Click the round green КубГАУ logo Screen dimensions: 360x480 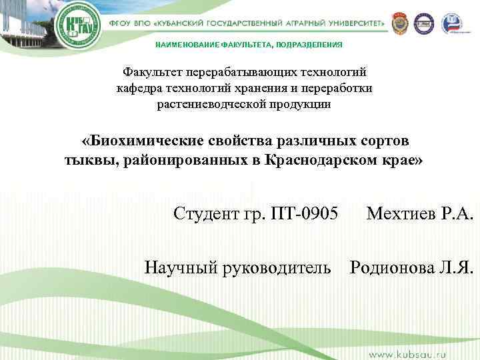pos(78,27)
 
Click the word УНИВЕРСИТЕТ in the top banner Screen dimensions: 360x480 pos(351,23)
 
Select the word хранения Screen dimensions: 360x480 pos(272,88)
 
